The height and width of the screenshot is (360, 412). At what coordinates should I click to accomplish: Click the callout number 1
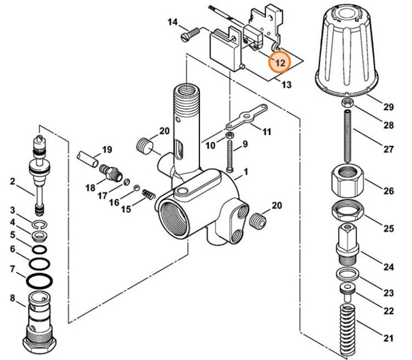pos(245,173)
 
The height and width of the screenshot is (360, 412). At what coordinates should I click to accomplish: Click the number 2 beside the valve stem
pos(12,181)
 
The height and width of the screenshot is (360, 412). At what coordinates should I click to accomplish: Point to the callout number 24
pos(388,267)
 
